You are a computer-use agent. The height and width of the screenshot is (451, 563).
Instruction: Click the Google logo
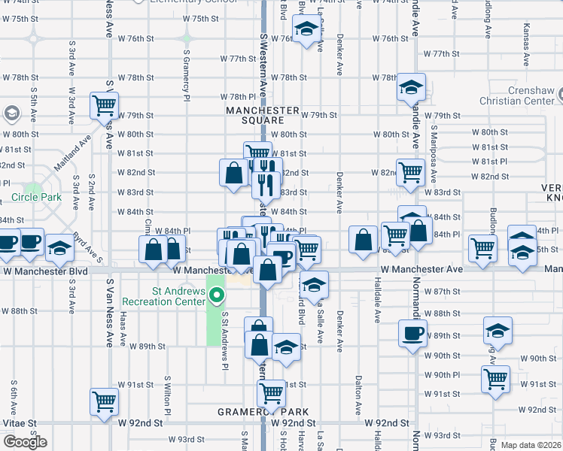pos(25,442)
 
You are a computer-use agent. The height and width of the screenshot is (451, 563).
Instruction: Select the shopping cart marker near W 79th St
pos(104,105)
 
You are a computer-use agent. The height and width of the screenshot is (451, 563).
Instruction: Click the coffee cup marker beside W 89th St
pos(412,334)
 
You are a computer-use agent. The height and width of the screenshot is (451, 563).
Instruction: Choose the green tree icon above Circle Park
pos(32,187)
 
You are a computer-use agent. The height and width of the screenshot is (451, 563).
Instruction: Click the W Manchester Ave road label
pos(421,269)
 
